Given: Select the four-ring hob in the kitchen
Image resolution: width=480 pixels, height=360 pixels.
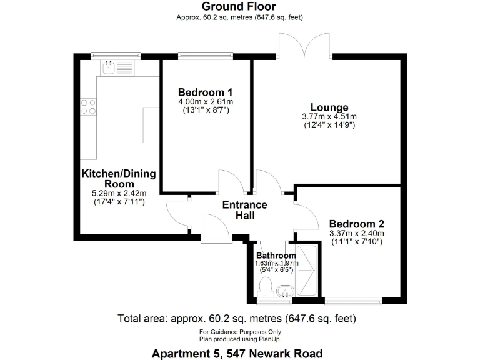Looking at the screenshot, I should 88,107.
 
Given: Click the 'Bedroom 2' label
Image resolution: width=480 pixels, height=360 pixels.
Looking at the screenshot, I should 356,224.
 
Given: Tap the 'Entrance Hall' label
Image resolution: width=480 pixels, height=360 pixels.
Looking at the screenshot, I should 246,210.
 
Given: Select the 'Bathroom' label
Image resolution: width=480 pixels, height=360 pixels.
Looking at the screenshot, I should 276,256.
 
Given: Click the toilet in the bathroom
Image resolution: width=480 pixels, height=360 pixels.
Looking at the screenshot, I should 264,288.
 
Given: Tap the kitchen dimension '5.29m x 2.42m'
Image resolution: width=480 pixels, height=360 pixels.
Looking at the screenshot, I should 118,194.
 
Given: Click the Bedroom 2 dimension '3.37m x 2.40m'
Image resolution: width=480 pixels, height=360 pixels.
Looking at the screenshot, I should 356,234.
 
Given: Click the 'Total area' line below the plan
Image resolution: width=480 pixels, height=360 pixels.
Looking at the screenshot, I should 237,319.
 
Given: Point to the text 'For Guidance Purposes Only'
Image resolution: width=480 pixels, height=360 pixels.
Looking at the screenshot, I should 240,331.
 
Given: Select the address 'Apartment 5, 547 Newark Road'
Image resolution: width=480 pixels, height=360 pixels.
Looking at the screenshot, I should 237,353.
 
